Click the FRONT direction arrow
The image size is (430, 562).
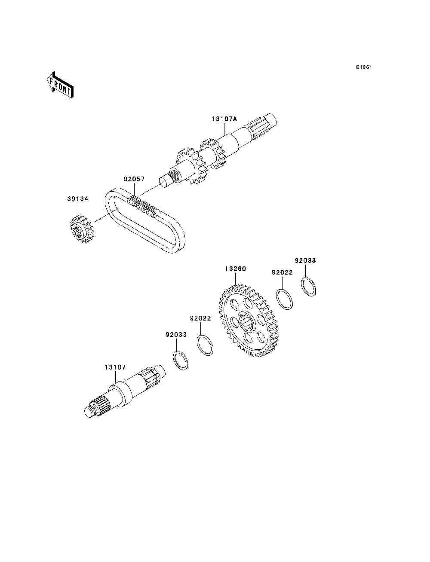(x=60, y=85)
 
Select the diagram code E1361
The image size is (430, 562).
(x=363, y=67)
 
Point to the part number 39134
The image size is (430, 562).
(x=78, y=199)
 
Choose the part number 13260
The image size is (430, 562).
(x=235, y=269)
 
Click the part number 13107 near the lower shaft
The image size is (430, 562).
(x=115, y=367)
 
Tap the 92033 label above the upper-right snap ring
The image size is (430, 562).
(x=305, y=260)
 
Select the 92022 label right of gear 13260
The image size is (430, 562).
(x=282, y=272)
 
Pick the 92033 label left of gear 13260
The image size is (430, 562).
(x=176, y=334)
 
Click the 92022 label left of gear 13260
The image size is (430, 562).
(x=200, y=318)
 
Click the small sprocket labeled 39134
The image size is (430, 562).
(x=82, y=229)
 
